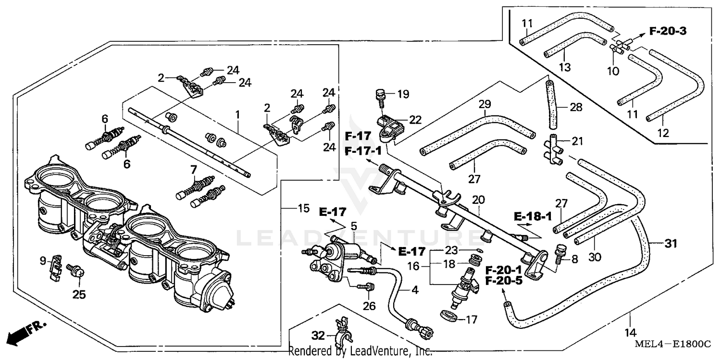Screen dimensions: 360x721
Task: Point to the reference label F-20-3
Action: [668, 31]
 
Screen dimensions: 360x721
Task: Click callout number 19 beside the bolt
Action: [403, 94]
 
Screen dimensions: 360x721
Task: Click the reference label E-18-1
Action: [532, 216]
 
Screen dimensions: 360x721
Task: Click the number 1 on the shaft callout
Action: [237, 115]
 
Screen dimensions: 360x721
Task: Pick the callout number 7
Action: [193, 169]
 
